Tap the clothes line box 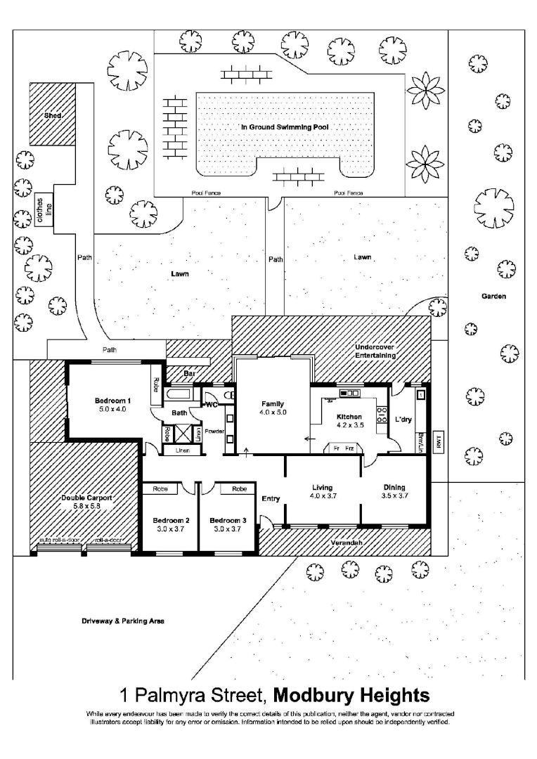(44, 211)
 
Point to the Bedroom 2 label (167, 521)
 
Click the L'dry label (403, 420)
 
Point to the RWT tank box (439, 441)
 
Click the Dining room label (394, 487)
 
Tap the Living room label (323, 487)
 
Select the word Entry (271, 499)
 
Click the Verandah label (347, 543)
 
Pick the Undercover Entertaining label (375, 351)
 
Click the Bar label (188, 374)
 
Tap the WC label (212, 406)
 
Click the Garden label (493, 297)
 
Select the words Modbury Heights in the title (351, 696)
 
